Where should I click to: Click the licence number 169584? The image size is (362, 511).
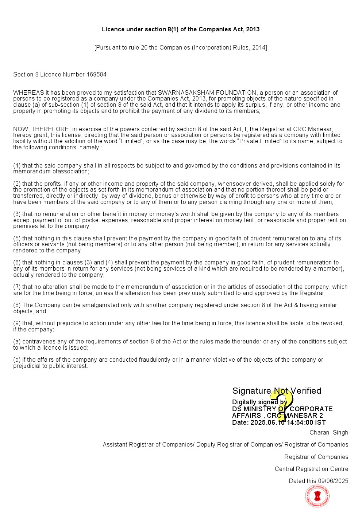click(x=96, y=75)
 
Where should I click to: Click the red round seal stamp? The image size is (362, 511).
click(x=317, y=496)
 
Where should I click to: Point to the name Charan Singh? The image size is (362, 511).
click(x=328, y=433)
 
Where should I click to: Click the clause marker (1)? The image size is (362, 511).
click(x=17, y=166)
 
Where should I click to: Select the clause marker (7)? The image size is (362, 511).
click(x=17, y=287)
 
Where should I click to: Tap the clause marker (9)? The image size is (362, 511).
click(x=17, y=323)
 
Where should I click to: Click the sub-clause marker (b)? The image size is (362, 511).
click(x=17, y=360)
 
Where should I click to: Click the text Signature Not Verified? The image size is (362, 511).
click(x=277, y=391)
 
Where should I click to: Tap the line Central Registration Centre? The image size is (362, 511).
click(x=311, y=469)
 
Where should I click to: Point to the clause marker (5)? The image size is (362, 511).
click(x=17, y=239)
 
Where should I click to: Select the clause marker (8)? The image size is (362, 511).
click(x=17, y=305)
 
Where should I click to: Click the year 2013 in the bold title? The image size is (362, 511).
click(x=253, y=30)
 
